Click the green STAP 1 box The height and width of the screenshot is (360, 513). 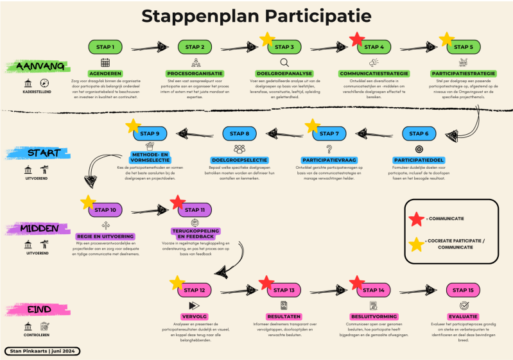[105, 47]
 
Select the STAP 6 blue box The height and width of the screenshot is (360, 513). [420, 133]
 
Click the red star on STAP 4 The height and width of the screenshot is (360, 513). [358, 40]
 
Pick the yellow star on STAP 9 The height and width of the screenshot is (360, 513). [134, 126]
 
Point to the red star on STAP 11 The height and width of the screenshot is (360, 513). [178, 203]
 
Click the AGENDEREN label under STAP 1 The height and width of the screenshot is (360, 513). [105, 74]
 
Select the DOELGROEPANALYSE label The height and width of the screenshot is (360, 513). [284, 74]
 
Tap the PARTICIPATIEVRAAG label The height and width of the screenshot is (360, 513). [329, 159]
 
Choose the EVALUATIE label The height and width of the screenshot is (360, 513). [462, 317]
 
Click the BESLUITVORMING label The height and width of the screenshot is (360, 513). [373, 317]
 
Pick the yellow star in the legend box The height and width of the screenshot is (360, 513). [417, 244]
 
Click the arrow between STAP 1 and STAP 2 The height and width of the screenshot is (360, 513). [150, 47]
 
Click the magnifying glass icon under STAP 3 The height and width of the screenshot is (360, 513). [284, 62]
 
